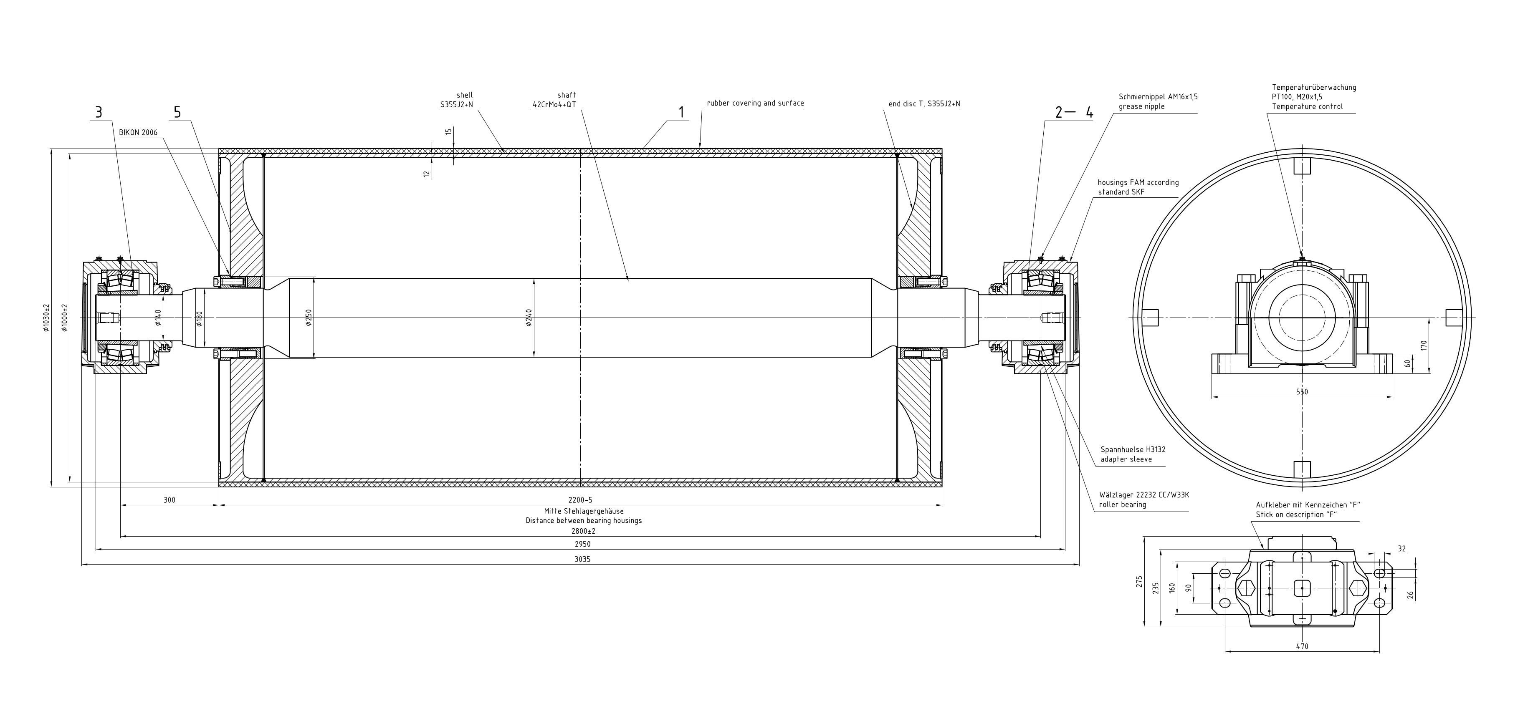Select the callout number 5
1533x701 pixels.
[177, 112]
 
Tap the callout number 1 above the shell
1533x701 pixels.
[681, 112]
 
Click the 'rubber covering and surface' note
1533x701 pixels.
[755, 103]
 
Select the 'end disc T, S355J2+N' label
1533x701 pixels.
[924, 104]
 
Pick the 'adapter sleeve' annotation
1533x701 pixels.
[1126, 459]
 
